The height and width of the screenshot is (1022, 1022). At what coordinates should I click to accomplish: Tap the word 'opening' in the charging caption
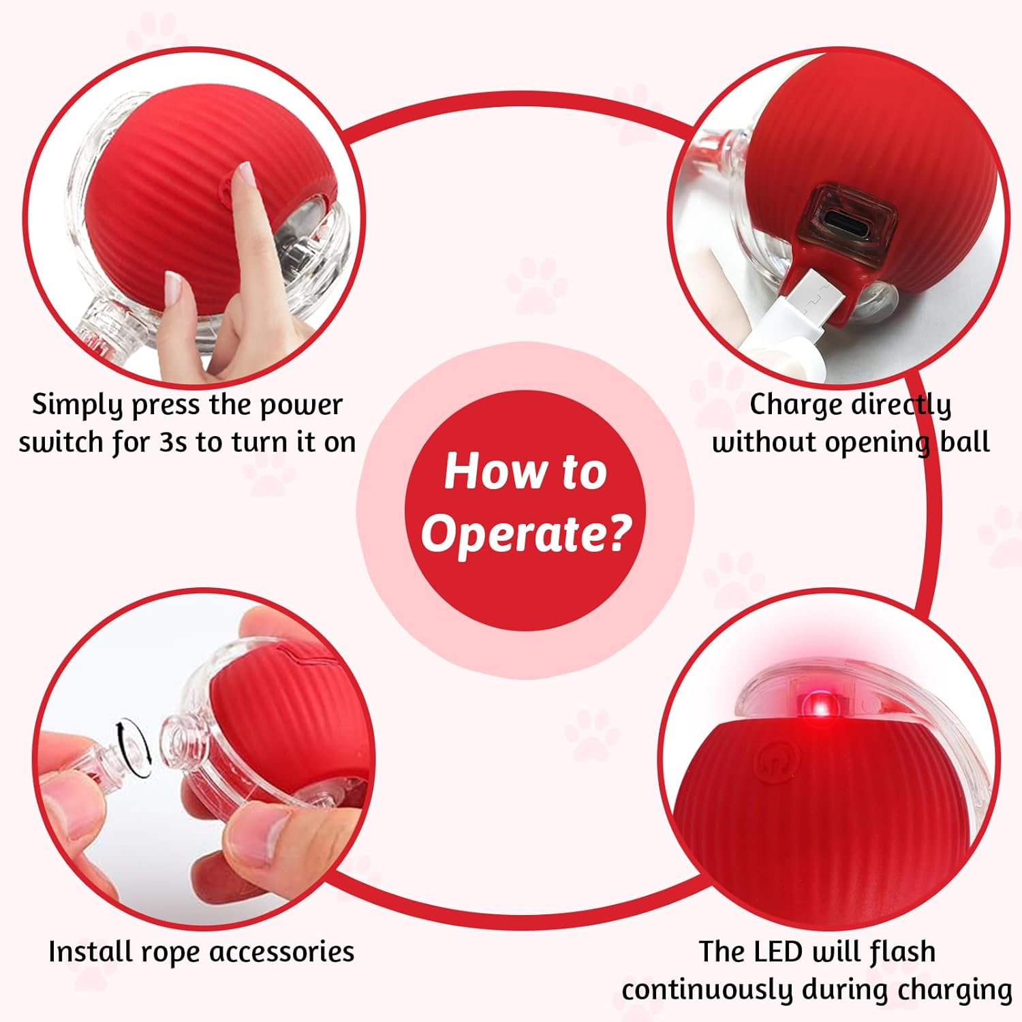tap(878, 444)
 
